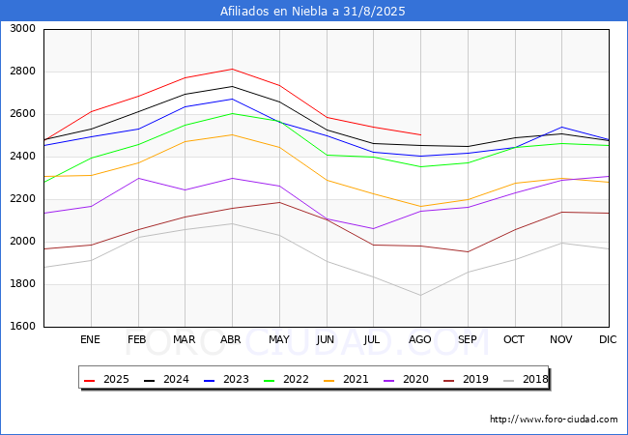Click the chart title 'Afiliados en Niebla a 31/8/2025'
point(313,12)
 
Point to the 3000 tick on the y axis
point(22,29)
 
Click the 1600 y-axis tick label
point(22,327)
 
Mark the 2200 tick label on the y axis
point(22,199)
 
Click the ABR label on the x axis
point(232,340)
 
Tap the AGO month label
point(420,340)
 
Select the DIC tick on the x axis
point(608,340)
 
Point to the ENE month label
point(91,340)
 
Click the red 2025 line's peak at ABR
point(232,69)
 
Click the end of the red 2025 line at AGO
point(420,135)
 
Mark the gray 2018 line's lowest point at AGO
point(420,295)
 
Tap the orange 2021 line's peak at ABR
point(232,134)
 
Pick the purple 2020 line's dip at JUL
point(373,229)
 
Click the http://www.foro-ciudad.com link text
point(554,420)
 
